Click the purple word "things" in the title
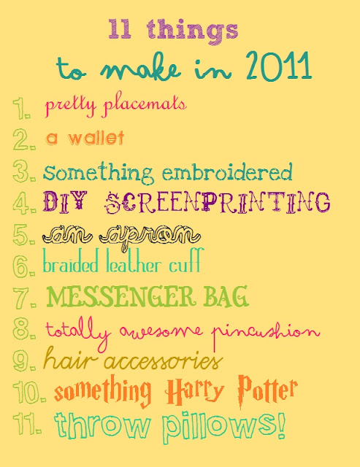click(193, 31)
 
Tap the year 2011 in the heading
click(279, 66)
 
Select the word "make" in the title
click(140, 68)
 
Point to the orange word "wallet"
click(96, 138)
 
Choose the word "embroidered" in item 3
click(227, 172)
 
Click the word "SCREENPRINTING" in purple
click(218, 203)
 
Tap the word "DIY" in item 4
click(65, 201)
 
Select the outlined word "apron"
click(150, 236)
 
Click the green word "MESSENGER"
click(120, 296)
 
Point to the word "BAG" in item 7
click(226, 296)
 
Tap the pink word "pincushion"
click(265, 333)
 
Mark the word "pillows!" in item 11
click(223, 425)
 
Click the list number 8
click(22, 329)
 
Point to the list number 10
click(28, 392)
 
